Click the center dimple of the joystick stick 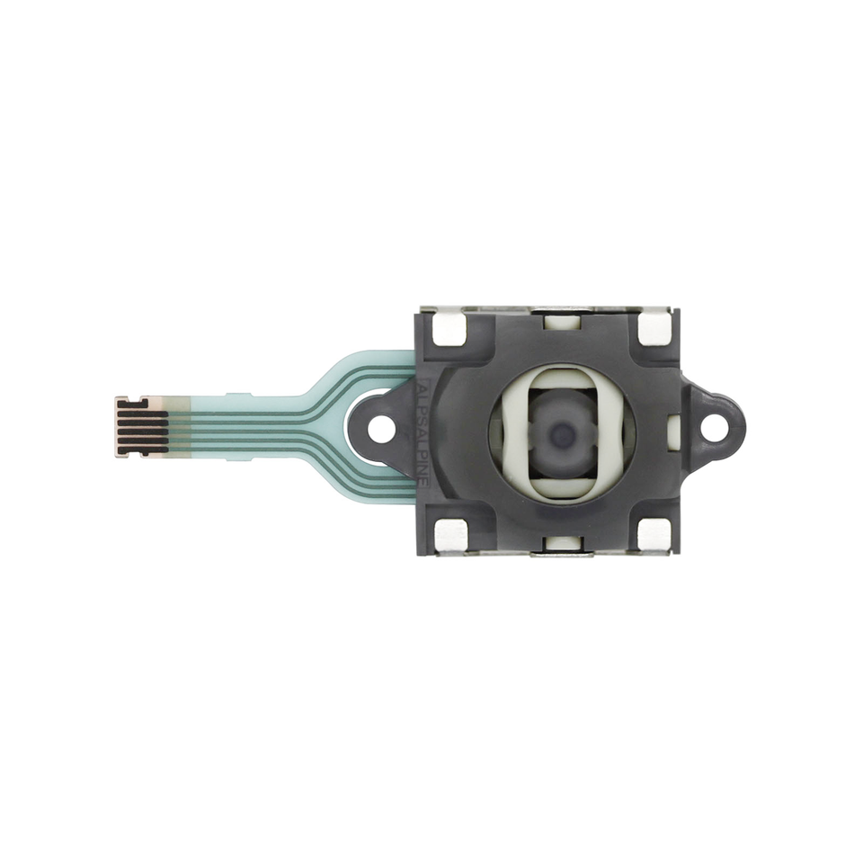point(563,435)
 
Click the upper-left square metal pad point(447,329)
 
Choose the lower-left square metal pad point(449,535)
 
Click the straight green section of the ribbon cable point(252,425)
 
